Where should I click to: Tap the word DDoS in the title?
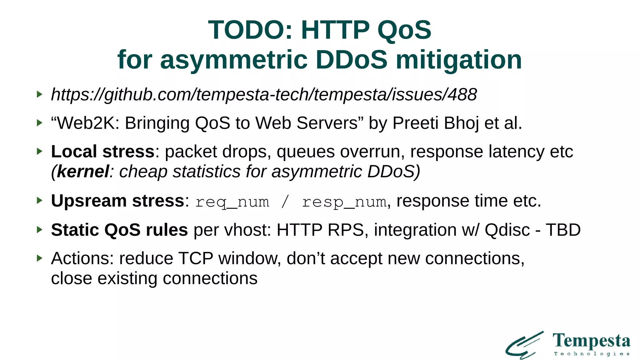coord(351,60)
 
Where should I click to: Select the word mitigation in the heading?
coord(459,60)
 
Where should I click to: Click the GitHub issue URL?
coord(264,94)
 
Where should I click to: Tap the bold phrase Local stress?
coord(102,152)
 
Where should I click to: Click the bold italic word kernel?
coord(83,172)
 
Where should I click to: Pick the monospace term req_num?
coord(232,202)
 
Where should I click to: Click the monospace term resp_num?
coord(344,202)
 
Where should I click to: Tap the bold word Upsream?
coord(89,201)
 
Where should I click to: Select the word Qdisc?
coord(507,230)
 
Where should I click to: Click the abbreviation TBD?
coord(563,230)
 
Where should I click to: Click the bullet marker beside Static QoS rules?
coord(39,230)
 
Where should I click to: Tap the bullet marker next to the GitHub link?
coord(39,94)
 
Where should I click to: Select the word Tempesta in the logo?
coord(591,341)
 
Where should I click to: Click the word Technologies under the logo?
coord(591,354)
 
